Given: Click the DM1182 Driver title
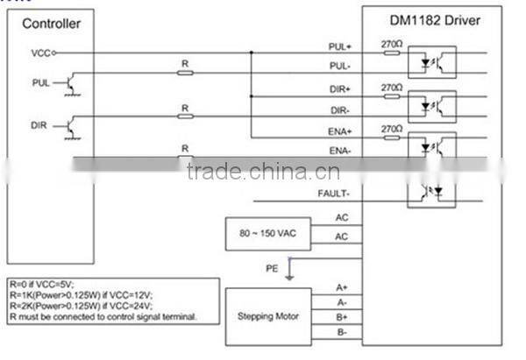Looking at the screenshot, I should point(436,20).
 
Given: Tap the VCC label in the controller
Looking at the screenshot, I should point(40,53).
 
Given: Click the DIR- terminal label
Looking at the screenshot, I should point(340,109).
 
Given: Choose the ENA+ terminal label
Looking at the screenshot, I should point(339,131).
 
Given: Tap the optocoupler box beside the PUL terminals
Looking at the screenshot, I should point(431,62).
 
